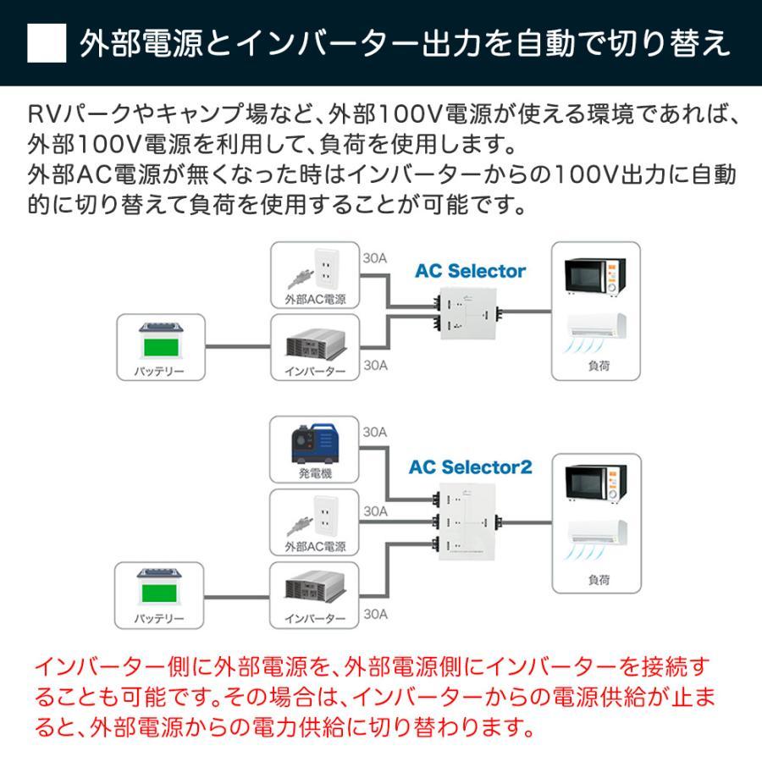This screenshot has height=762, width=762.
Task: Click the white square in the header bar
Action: pyautogui.click(x=47, y=42)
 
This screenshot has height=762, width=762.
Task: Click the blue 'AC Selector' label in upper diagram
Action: pyautogui.click(x=470, y=272)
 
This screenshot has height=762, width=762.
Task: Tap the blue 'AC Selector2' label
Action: pyautogui.click(x=470, y=467)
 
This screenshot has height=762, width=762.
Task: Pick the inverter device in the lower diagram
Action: pyautogui.click(x=312, y=590)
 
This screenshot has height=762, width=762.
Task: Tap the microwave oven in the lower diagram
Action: pyautogui.click(x=595, y=483)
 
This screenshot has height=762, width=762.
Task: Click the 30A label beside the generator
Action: pyautogui.click(x=375, y=432)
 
